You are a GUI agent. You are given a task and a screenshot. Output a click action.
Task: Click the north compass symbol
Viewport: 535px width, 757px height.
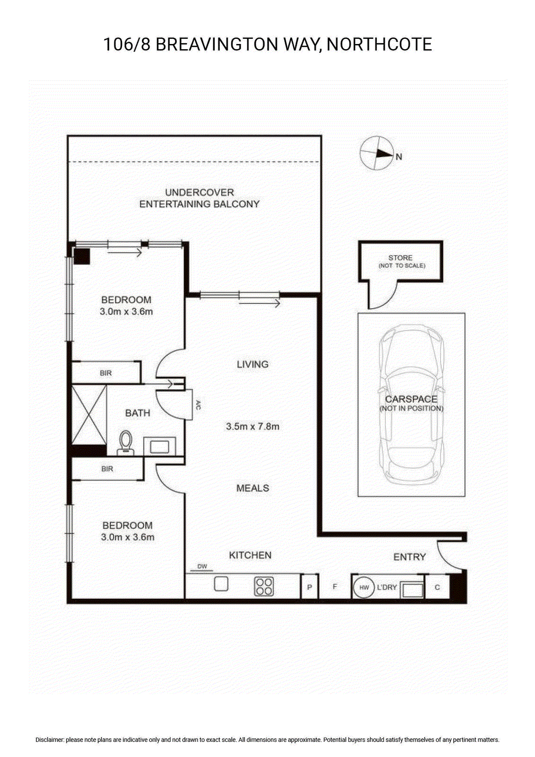[x=377, y=153]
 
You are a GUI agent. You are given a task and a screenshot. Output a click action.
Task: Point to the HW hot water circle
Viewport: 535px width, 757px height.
[x=364, y=587]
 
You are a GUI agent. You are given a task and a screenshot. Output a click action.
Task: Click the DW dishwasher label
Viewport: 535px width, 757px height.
[x=202, y=567]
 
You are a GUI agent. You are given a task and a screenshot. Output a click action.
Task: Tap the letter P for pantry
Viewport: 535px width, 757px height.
[x=309, y=587]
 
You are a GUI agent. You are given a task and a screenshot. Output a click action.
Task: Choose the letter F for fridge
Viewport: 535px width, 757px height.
[x=334, y=587]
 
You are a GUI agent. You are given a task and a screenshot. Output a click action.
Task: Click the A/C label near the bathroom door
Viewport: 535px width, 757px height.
[x=198, y=405]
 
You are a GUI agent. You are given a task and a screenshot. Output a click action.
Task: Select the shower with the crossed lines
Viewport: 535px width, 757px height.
[x=89, y=414]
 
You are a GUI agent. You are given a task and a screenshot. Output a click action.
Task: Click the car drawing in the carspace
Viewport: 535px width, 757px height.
[x=412, y=404]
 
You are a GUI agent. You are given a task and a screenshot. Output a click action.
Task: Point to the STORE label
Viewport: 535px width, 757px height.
[x=400, y=258]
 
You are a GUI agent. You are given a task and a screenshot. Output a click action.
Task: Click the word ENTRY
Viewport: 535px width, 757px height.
[x=409, y=557]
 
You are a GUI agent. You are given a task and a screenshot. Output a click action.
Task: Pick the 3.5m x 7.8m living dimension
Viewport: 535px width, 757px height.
[x=253, y=426]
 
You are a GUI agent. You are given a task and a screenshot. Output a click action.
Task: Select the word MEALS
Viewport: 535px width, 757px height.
[x=253, y=488]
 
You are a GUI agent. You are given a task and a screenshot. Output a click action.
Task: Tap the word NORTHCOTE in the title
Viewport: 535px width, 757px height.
[x=379, y=44]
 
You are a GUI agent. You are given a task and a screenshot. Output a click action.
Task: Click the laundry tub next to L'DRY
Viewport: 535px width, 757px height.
[x=412, y=590]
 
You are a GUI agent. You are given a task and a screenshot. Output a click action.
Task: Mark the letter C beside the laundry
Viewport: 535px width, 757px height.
[x=437, y=587]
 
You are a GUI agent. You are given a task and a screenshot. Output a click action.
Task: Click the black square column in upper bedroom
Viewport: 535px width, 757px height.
[x=82, y=256]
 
